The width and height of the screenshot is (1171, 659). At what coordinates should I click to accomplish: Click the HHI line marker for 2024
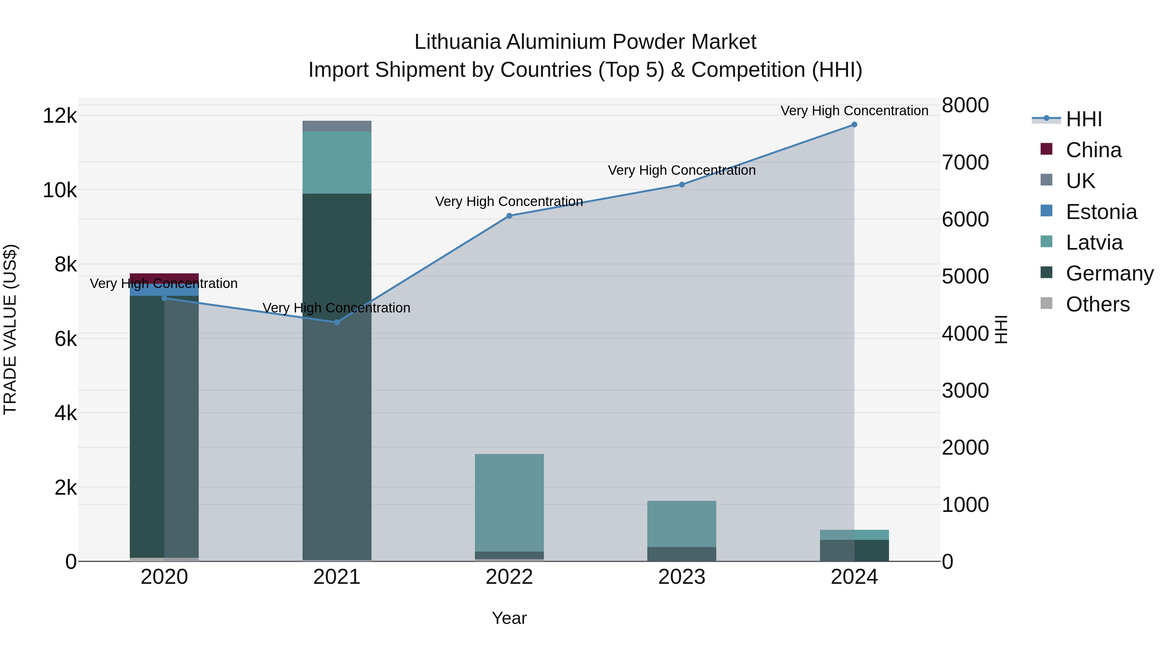point(854,125)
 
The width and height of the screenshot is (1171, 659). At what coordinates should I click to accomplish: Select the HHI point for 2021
point(337,323)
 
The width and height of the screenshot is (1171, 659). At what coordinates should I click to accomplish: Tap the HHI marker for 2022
point(509,216)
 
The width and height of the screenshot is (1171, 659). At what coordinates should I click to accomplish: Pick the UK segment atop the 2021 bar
point(337,126)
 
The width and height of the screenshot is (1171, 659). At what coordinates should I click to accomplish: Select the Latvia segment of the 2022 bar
point(509,502)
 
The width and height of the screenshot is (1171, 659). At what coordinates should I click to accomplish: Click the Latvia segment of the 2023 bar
point(681,524)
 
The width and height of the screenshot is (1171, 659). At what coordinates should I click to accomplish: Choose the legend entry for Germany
point(1109,273)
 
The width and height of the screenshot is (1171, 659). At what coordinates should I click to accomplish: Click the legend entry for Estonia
point(1101,212)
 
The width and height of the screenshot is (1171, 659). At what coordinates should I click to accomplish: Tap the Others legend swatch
point(1046,304)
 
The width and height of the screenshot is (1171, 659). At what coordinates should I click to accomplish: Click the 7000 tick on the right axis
point(965,162)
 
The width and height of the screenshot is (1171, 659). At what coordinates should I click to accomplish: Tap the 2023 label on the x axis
point(681,577)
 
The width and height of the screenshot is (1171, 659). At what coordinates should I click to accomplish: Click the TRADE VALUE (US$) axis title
point(10,329)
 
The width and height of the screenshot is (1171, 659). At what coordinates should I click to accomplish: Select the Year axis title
point(509,618)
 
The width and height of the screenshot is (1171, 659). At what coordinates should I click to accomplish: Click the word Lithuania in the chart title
point(457,42)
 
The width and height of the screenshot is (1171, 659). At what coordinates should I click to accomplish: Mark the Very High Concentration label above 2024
point(854,111)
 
